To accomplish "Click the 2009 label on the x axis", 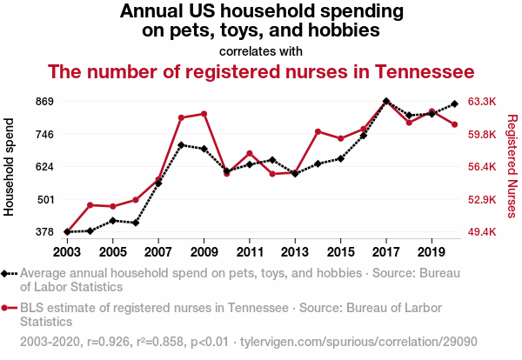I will point(204,251).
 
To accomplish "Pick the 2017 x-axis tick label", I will point(385,251).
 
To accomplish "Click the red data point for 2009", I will point(204,114).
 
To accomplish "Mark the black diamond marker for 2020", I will point(454,104).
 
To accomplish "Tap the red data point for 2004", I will point(90,205).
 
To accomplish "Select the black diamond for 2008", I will point(181,145).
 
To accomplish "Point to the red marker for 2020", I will point(454,124).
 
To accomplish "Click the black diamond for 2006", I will point(136,223).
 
